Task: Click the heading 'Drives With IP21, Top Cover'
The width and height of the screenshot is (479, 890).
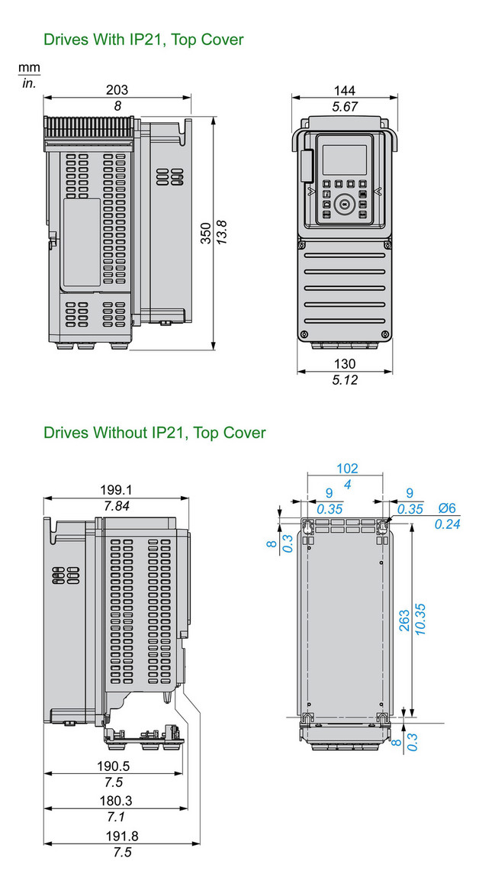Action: pyautogui.click(x=143, y=39)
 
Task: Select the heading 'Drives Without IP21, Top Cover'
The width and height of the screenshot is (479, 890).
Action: pyautogui.click(x=154, y=433)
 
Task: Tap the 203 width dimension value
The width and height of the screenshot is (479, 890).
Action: pyautogui.click(x=117, y=89)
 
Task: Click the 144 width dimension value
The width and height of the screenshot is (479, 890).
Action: pyautogui.click(x=345, y=90)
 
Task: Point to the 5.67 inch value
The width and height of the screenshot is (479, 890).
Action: pyautogui.click(x=345, y=107)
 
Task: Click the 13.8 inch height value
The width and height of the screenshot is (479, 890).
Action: pyautogui.click(x=222, y=232)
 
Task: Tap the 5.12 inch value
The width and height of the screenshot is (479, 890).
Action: pyautogui.click(x=345, y=379)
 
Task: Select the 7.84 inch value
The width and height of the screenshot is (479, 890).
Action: pyautogui.click(x=117, y=506)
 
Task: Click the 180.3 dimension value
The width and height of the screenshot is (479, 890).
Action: pyautogui.click(x=117, y=801)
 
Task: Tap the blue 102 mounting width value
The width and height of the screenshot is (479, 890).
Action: pyautogui.click(x=346, y=469)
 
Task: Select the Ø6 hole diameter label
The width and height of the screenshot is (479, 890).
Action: pyautogui.click(x=446, y=508)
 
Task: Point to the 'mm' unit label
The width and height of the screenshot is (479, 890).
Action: pyautogui.click(x=29, y=69)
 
